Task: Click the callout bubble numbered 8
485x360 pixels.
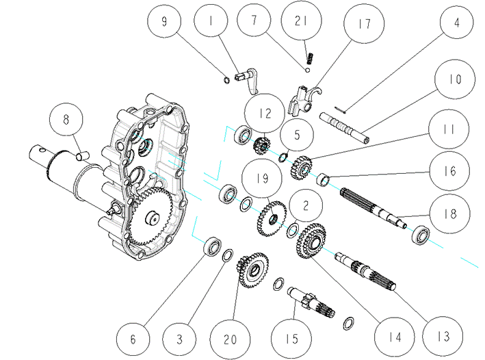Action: coord(66,120)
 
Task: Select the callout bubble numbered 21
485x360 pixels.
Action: coord(301,21)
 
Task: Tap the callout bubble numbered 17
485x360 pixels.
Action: coord(364,23)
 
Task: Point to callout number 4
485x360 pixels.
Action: coord(456,23)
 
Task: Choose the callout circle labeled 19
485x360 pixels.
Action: coord(262,179)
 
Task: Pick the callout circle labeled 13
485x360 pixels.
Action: coord(443,336)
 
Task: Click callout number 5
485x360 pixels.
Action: coord(297,135)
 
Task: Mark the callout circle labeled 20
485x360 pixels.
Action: coord(230,339)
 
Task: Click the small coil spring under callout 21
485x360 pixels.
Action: coord(311,58)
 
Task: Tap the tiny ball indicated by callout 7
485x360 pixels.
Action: coord(307,70)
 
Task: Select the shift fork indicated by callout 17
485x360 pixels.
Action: coord(304,101)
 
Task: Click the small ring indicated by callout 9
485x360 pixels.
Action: coord(226,81)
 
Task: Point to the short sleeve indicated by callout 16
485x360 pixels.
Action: coord(323,179)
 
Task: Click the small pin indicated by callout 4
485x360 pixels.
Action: coord(340,110)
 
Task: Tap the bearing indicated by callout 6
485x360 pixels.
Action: coord(212,246)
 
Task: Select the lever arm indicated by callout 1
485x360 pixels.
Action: coord(248,81)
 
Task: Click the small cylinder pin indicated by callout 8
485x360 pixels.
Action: coord(83,155)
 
